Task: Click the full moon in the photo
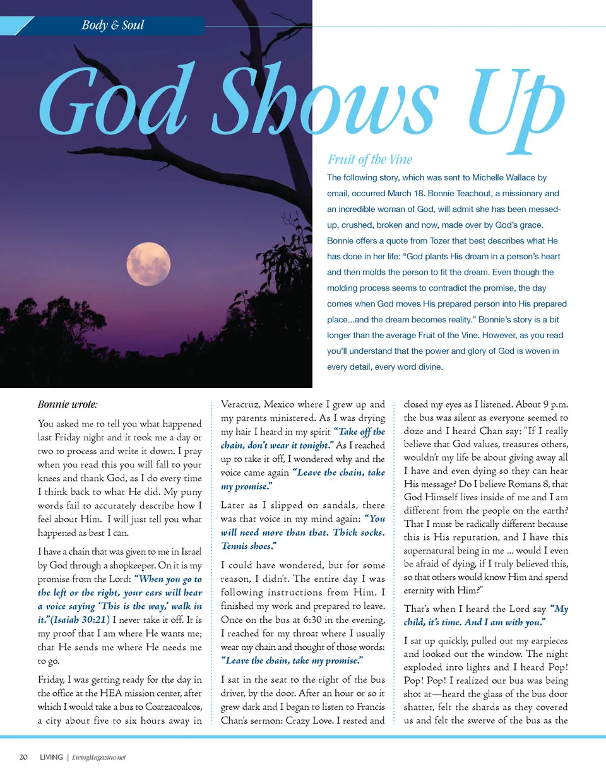tap(148, 264)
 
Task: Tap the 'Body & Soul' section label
tap(113, 26)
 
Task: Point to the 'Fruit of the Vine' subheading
tap(370, 160)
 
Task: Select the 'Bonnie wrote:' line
tap(68, 404)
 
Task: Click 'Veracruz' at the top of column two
tap(240, 404)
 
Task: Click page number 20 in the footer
tap(23, 757)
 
